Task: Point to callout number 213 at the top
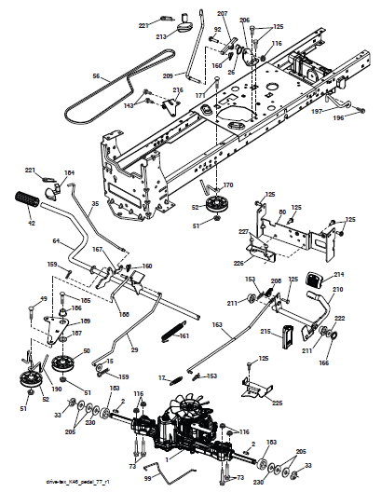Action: [161, 37]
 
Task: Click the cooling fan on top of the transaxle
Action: [185, 409]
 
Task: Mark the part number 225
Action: [277, 403]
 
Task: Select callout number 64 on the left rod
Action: [55, 241]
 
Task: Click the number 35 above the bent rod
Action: [95, 203]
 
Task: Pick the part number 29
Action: [133, 349]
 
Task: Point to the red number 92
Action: [217, 31]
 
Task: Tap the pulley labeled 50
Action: [65, 362]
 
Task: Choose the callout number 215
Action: [265, 331]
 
